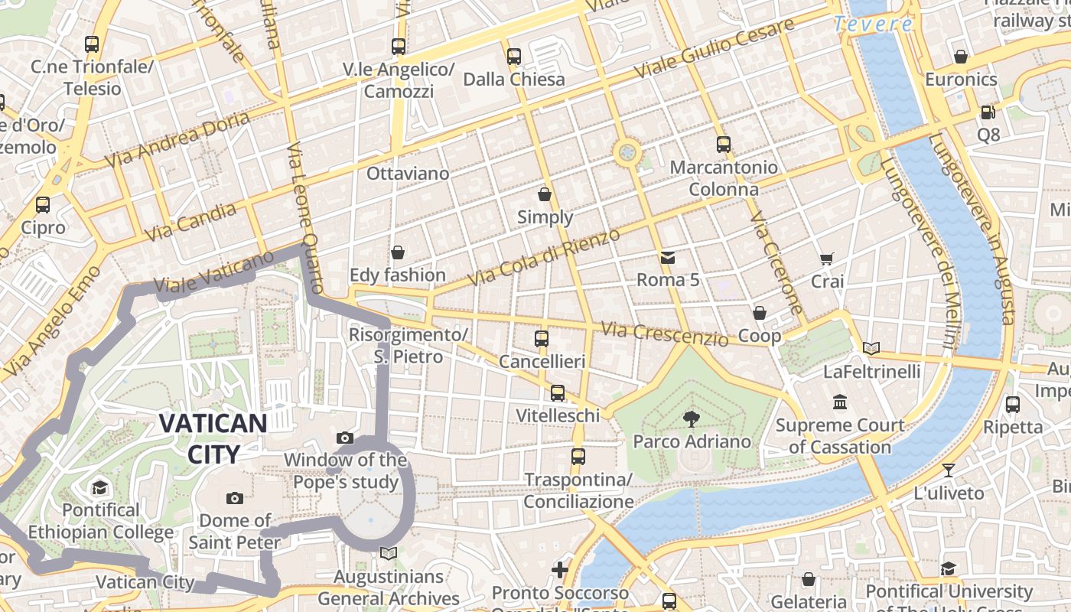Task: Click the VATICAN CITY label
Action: click(213, 438)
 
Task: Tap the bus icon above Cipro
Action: click(43, 205)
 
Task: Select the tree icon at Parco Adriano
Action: click(692, 418)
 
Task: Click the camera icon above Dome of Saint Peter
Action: click(235, 498)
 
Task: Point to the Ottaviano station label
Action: click(408, 174)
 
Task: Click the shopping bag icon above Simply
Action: click(545, 194)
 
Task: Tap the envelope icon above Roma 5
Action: click(668, 257)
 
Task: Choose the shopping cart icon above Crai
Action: click(827, 259)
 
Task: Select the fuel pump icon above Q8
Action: click(988, 112)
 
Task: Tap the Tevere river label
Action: click(873, 24)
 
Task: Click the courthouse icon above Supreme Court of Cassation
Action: click(840, 402)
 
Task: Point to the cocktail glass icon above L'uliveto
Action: click(949, 470)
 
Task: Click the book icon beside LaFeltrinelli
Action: click(871, 349)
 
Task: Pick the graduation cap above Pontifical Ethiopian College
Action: click(100, 487)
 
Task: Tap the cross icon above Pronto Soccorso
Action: click(560, 569)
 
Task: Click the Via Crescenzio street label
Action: click(664, 334)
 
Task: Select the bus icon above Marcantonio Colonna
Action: click(723, 144)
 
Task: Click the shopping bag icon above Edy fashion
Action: click(398, 252)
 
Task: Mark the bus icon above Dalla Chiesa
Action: click(514, 57)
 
